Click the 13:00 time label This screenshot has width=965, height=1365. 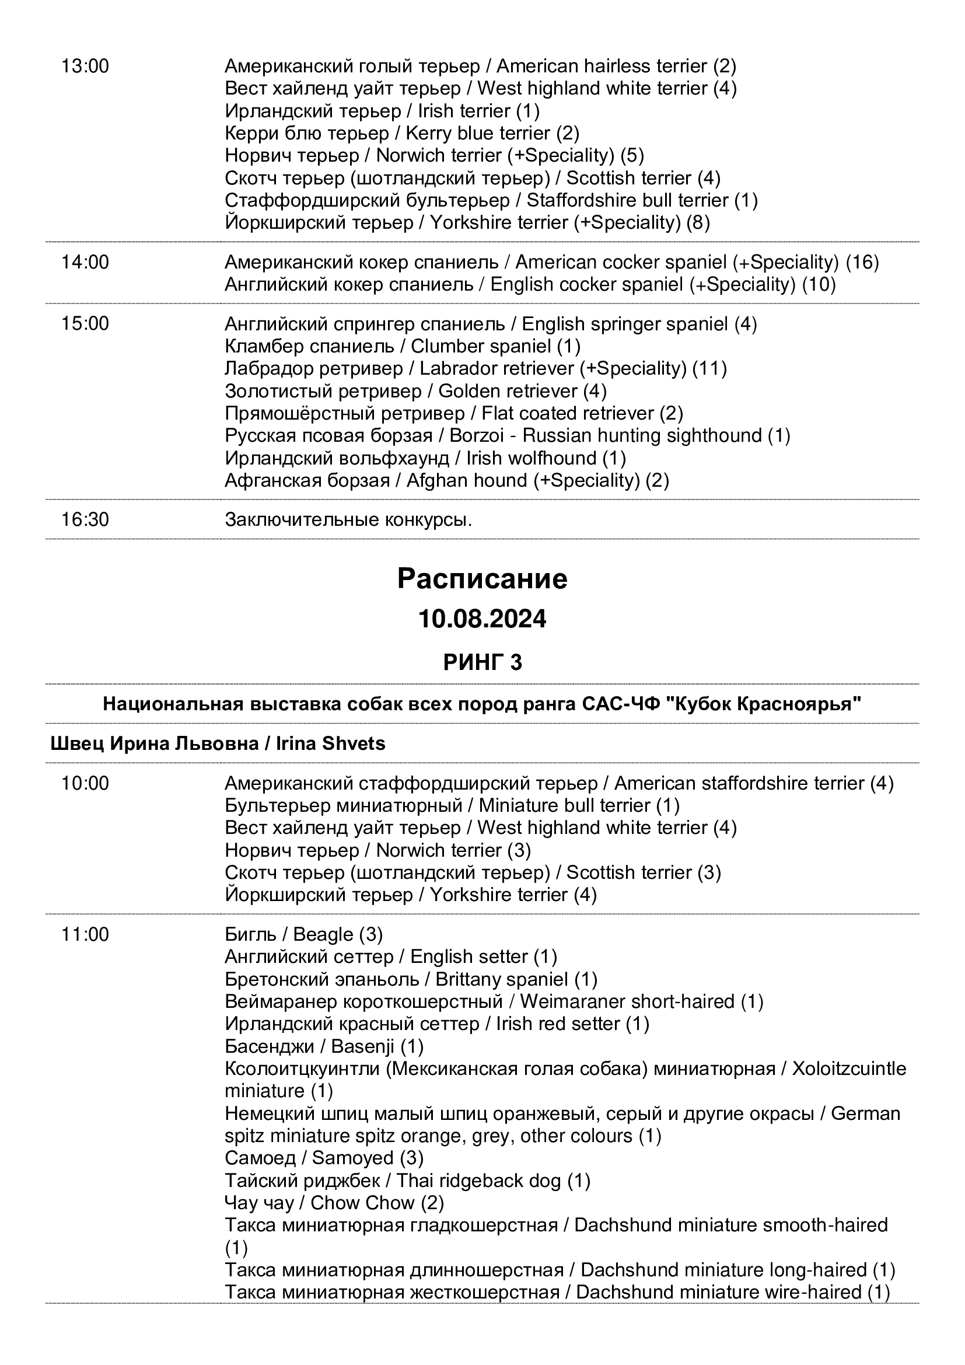(85, 66)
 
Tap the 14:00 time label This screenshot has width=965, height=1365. (85, 262)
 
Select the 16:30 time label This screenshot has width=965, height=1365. (85, 519)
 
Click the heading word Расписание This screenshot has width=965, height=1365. (482, 578)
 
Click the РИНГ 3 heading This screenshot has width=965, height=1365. (482, 662)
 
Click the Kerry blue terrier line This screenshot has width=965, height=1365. (401, 133)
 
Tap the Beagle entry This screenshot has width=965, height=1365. (303, 934)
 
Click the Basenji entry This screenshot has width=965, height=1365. (324, 1046)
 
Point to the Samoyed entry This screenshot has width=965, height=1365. (324, 1158)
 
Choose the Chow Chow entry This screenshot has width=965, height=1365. (334, 1203)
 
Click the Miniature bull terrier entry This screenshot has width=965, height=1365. (452, 805)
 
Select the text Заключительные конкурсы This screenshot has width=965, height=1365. (348, 519)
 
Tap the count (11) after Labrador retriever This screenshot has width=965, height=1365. (709, 369)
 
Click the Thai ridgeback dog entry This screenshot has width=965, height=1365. (408, 1181)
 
